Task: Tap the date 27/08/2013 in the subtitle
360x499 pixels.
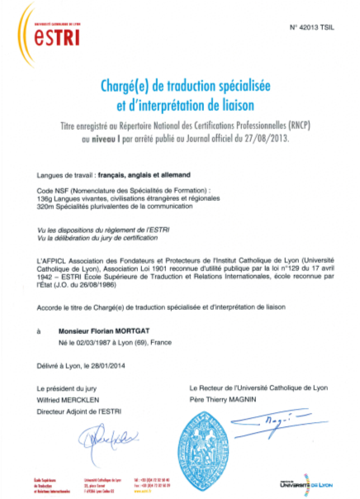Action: point(272,140)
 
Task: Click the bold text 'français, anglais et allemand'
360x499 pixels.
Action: point(145,176)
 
